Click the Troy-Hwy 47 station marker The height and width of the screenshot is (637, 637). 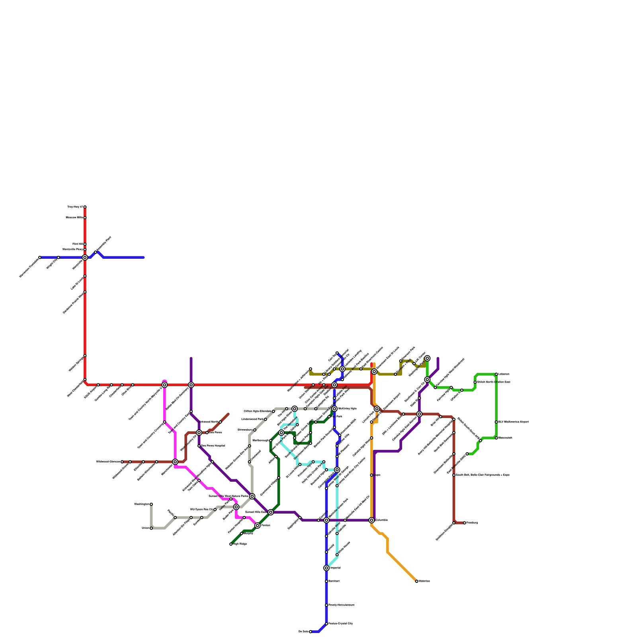[85, 207]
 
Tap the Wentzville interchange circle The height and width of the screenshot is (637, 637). [85, 258]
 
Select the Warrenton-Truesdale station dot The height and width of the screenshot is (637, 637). [40, 258]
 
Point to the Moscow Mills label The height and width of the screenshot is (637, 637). [74, 218]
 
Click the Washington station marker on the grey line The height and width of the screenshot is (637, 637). [151, 504]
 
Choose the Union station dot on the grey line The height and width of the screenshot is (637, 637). [151, 528]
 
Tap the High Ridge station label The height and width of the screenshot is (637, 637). [240, 544]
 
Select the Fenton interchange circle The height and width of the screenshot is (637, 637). [258, 526]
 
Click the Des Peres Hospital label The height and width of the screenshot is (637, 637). [213, 446]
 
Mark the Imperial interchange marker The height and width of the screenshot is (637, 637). [326, 568]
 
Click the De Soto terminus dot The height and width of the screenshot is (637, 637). [311, 632]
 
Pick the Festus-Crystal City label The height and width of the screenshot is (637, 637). [340, 624]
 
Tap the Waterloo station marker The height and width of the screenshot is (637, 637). [417, 581]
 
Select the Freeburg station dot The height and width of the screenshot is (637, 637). [465, 523]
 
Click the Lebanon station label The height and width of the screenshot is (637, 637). [504, 374]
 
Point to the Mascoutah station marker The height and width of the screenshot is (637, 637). [496, 438]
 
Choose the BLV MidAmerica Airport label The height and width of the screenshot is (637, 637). [514, 422]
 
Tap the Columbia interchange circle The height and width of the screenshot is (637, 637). [371, 520]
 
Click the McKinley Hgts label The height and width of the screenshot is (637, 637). [347, 409]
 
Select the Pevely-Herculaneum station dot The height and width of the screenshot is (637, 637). [326, 605]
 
